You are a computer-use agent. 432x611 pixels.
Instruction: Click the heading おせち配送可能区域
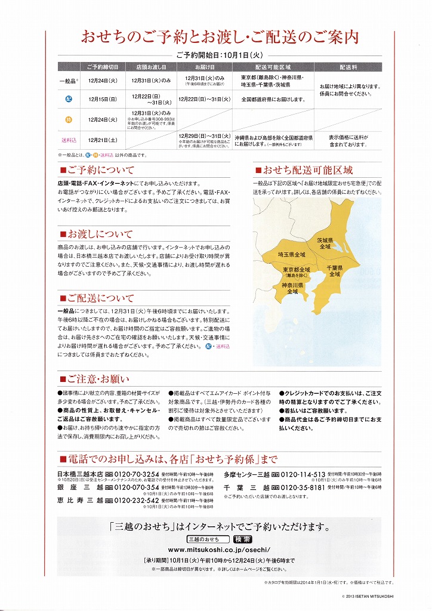click(308, 170)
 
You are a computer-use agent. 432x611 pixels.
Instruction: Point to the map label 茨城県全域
click(325, 243)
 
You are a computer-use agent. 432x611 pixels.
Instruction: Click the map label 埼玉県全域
click(291, 255)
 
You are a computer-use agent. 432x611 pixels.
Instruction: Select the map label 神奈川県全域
click(292, 289)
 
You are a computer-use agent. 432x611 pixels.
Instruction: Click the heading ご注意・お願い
click(97, 379)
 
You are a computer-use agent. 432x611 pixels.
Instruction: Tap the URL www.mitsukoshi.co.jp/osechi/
click(219, 550)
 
